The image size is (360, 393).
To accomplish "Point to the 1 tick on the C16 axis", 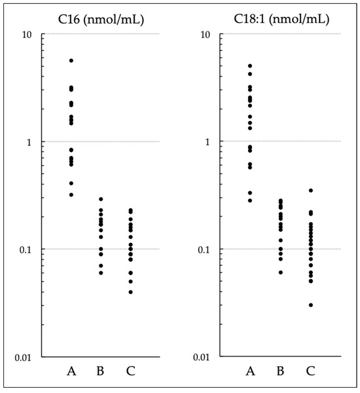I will (x=32, y=141).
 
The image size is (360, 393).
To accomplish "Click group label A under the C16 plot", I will (x=71, y=372).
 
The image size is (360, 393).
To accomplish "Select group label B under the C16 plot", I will (x=101, y=372).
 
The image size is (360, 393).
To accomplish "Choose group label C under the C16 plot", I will (x=131, y=372).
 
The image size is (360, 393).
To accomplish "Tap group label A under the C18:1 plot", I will (x=250, y=372).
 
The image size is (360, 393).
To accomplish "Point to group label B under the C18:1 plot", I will (x=280, y=372).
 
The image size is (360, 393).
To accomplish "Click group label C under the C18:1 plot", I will (x=310, y=372).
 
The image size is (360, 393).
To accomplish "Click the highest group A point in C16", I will (x=71, y=60).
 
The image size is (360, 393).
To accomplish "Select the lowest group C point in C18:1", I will (x=310, y=305).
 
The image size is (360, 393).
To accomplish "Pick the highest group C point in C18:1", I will (x=310, y=191).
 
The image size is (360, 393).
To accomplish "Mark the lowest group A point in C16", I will (x=71, y=195).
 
